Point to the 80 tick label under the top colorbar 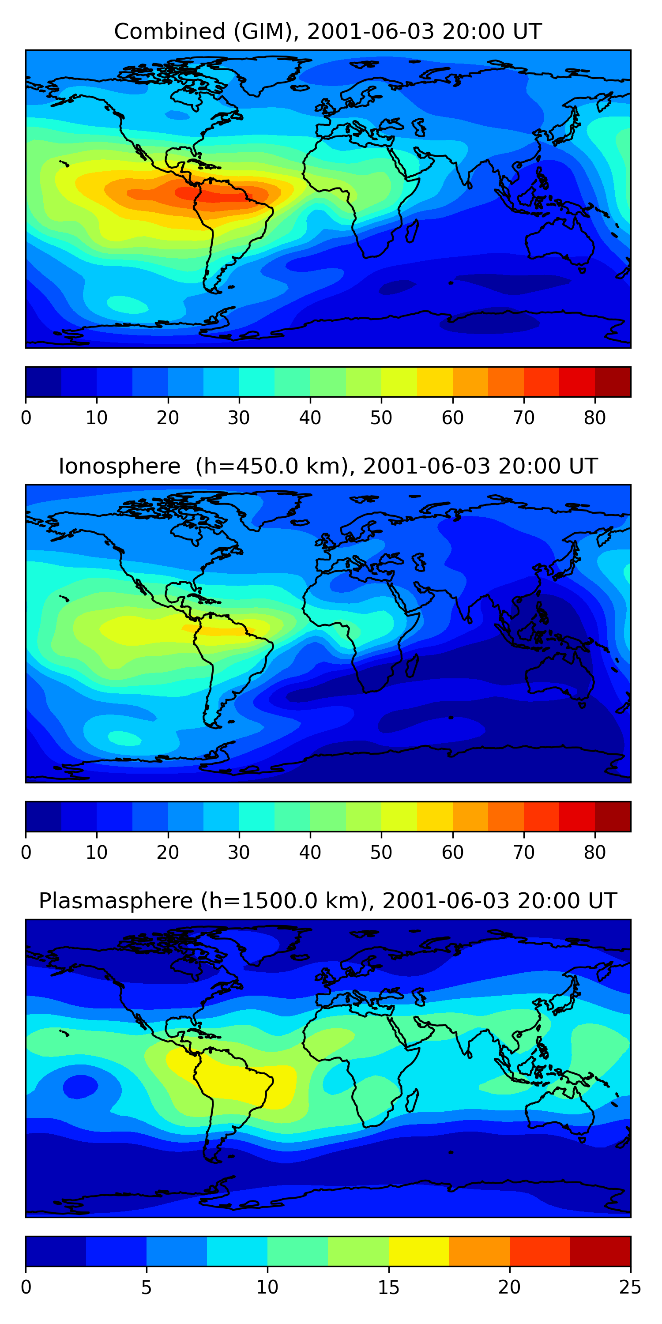click(594, 418)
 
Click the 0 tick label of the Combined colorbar click(26, 418)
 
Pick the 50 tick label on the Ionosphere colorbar click(381, 852)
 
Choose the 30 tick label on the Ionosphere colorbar click(239, 852)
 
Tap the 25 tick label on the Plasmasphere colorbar click(630, 1287)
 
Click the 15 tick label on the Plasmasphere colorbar click(388, 1287)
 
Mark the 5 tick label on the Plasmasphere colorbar click(147, 1287)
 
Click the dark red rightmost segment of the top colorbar click(613, 382)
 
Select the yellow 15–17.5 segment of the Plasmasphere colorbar click(419, 1251)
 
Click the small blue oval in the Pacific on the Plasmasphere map click(80, 1087)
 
